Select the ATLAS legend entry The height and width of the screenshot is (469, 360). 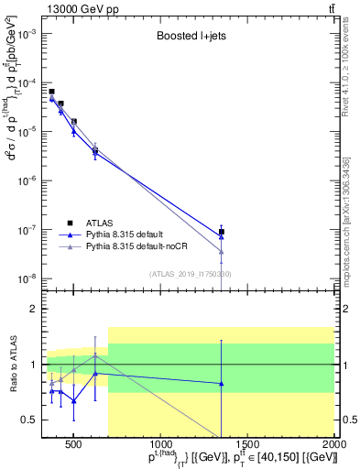(x=100, y=223)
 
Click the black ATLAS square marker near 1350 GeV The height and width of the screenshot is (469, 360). (x=221, y=232)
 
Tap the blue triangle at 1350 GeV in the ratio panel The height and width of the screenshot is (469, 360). (x=221, y=384)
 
